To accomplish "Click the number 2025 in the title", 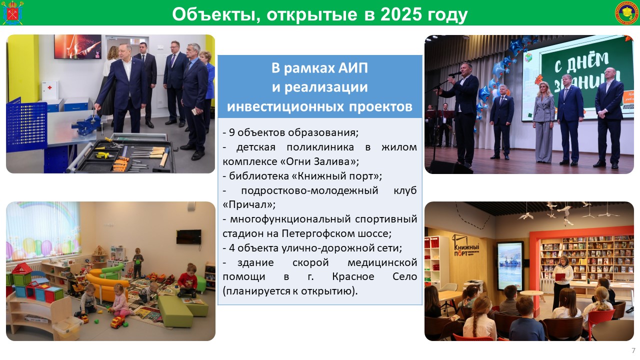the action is (x=401, y=14).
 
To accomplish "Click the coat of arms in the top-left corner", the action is (x=12, y=13).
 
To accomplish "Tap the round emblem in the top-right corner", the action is (x=626, y=12).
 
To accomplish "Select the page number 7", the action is (x=633, y=350).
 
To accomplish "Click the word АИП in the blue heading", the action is (x=352, y=68).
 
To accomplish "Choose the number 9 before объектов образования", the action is (x=231, y=132).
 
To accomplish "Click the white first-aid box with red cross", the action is (x=50, y=89).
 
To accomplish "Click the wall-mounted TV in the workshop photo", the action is (x=77, y=47).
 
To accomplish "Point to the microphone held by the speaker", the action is (x=454, y=74).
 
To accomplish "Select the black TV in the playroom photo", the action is (x=188, y=237).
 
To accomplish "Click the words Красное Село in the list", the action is (x=374, y=276).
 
